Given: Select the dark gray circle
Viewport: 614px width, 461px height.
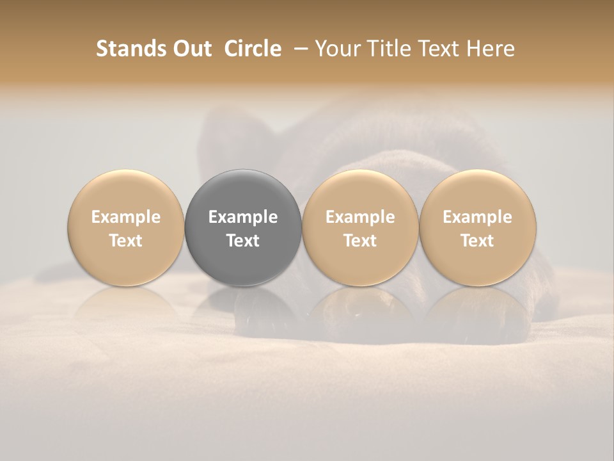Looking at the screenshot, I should pyautogui.click(x=243, y=192).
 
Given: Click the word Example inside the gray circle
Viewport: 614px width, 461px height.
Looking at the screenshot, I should pyautogui.click(x=243, y=217).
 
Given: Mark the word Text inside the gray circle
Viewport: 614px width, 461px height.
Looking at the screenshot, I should pyautogui.click(x=243, y=241).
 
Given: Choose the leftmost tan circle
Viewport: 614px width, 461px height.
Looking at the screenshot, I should pyautogui.click(x=126, y=192).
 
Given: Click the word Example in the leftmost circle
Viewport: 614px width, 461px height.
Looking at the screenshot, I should pyautogui.click(x=126, y=217).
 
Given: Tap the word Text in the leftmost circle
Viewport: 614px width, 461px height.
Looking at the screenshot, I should pyautogui.click(x=126, y=241).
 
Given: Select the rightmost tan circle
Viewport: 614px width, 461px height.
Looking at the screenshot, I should pyautogui.click(x=477, y=192).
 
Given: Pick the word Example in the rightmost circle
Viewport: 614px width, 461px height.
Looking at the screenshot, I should pyautogui.click(x=477, y=217).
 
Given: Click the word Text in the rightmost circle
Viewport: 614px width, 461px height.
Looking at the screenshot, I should pyautogui.click(x=477, y=241).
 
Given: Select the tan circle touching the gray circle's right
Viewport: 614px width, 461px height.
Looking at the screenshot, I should pyautogui.click(x=360, y=192).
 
